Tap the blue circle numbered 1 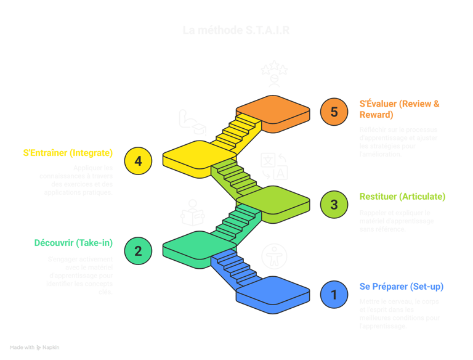tap(334, 295)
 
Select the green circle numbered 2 tap(138, 250)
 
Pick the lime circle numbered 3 tap(334, 205)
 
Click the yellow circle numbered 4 tap(138, 161)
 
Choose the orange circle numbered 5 tap(334, 112)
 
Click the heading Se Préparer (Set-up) tap(401, 287)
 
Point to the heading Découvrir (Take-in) tap(72, 243)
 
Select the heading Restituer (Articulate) tap(402, 197)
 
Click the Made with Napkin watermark tap(34, 348)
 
